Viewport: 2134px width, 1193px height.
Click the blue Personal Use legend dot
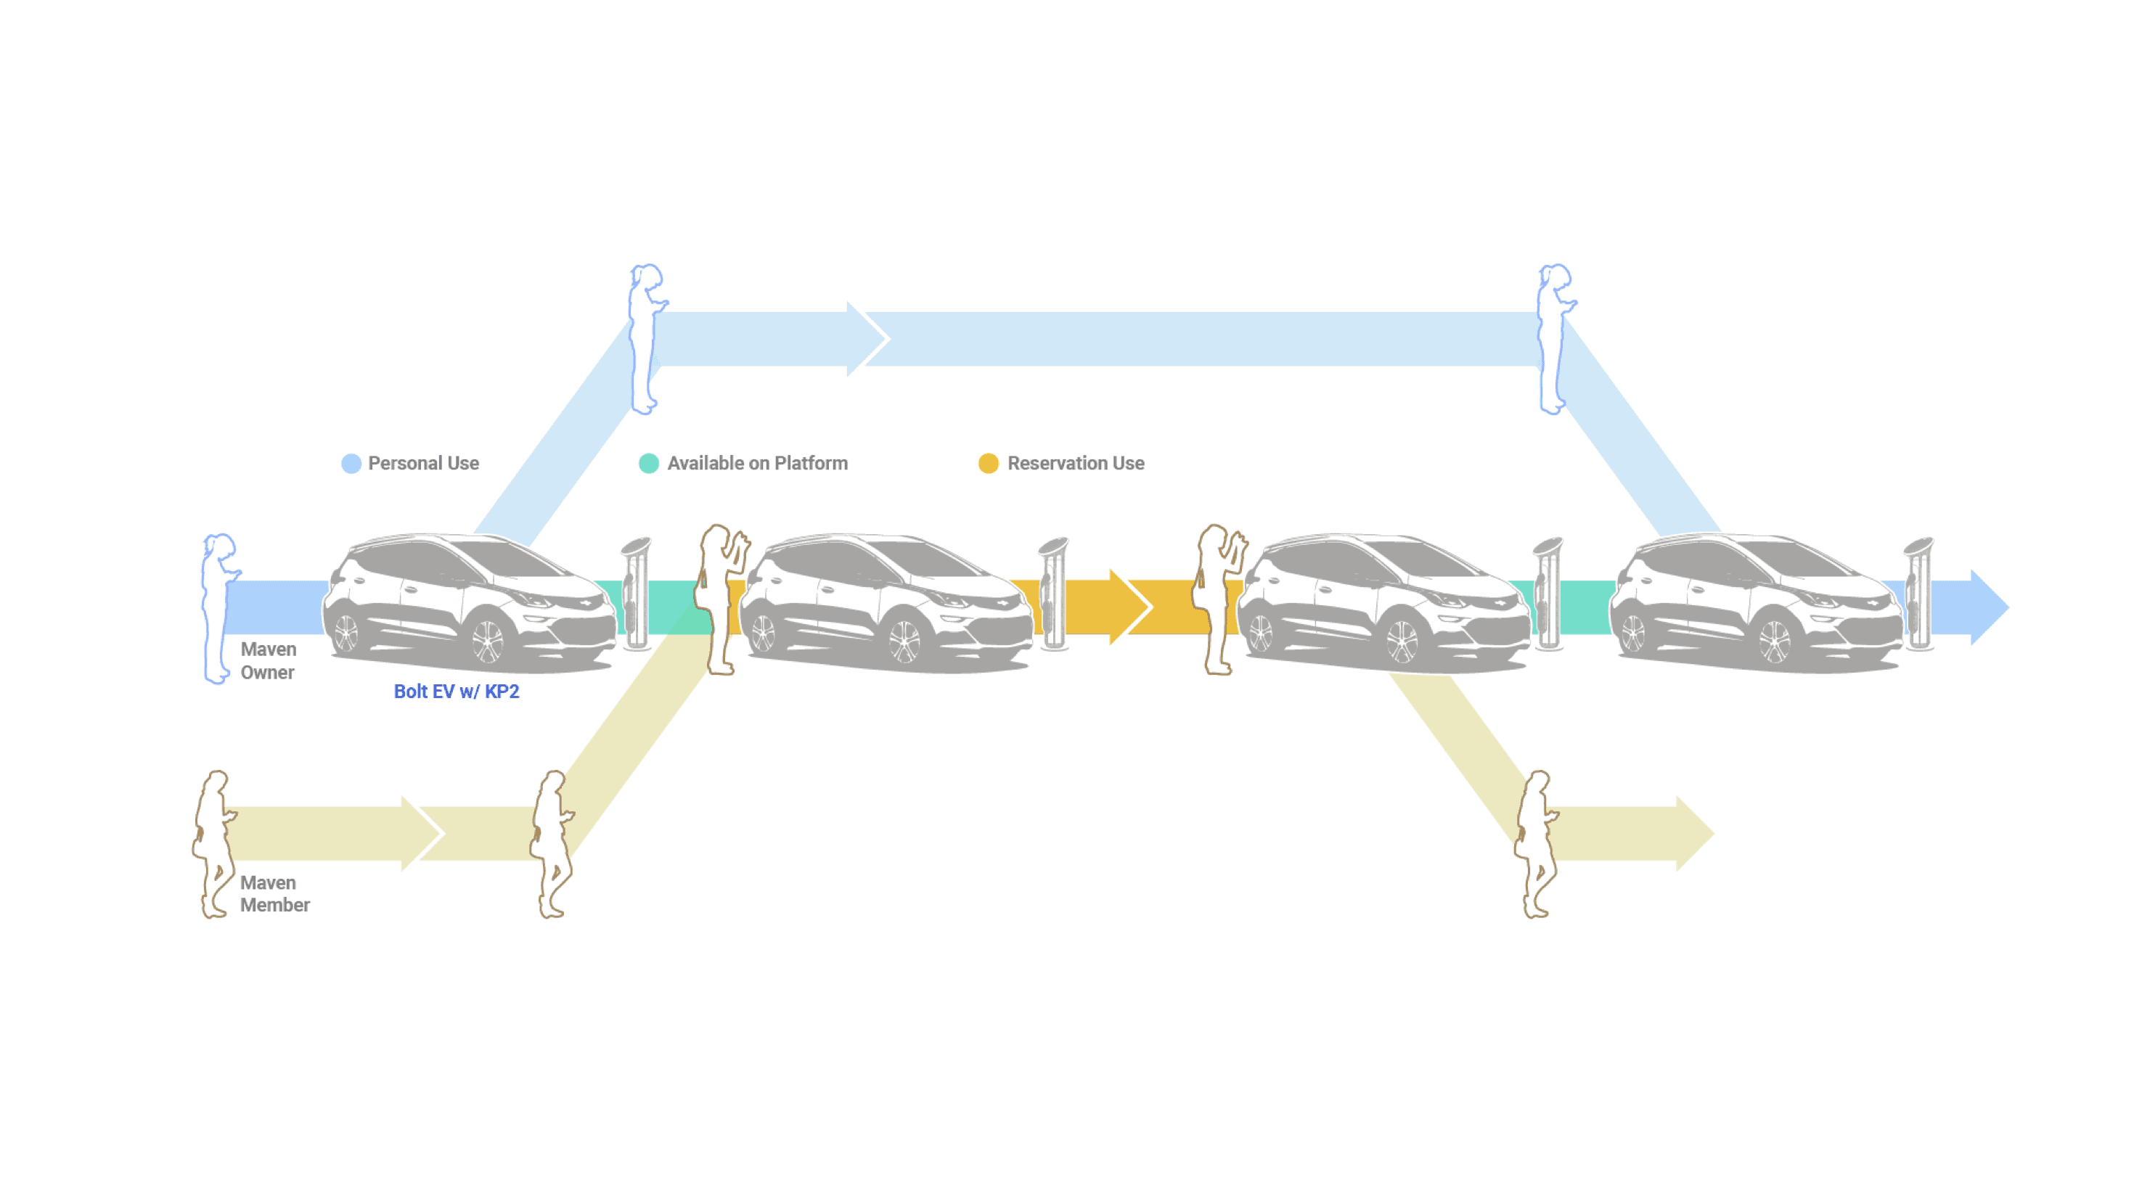coord(351,463)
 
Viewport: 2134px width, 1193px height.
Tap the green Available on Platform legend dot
coord(649,463)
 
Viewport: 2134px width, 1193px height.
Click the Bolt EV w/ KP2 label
coord(457,691)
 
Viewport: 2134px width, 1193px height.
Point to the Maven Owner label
coord(268,660)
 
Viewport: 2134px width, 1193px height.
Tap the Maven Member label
coord(274,893)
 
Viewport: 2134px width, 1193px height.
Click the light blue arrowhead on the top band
coord(866,338)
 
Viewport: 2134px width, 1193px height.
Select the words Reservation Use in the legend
coord(1075,463)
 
